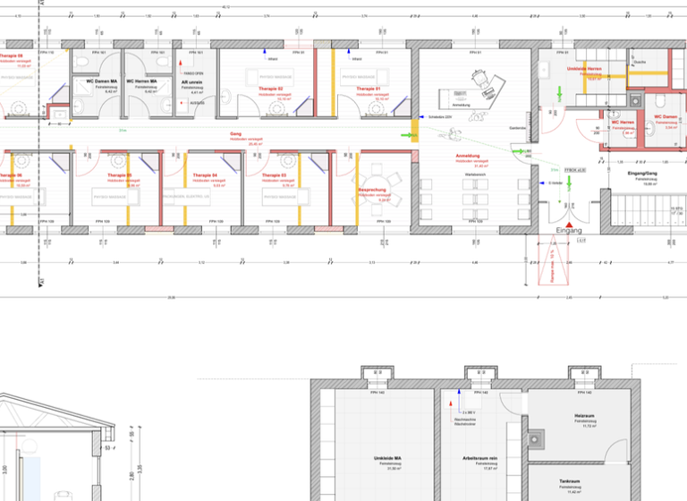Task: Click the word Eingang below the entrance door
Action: [x=570, y=231]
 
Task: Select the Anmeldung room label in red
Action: [x=468, y=156]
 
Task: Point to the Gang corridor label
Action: [x=236, y=133]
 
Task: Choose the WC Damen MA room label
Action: [x=103, y=81]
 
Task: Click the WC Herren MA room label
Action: [x=141, y=81]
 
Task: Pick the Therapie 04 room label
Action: [x=205, y=175]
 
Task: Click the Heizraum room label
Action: [x=585, y=416]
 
